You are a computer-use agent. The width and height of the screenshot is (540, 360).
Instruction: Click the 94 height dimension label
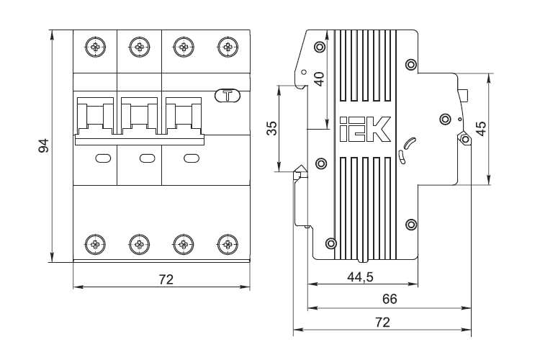click(x=44, y=145)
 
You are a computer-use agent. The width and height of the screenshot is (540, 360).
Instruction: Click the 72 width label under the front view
click(x=166, y=279)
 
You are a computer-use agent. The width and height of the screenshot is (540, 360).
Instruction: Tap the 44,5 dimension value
click(x=360, y=277)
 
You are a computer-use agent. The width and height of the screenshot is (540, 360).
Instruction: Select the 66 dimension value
click(x=390, y=299)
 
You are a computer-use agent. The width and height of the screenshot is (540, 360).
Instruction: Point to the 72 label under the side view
click(x=382, y=322)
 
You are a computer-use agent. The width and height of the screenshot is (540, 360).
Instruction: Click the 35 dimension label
click(x=272, y=128)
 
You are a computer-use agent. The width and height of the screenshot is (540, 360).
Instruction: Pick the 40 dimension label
click(x=319, y=79)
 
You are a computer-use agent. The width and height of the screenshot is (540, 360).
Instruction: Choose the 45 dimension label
click(x=481, y=128)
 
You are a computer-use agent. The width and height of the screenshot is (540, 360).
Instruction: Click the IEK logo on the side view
click(x=365, y=129)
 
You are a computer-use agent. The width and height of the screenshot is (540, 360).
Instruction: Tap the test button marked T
click(x=228, y=96)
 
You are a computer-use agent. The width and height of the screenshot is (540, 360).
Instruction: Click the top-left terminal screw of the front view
click(x=95, y=47)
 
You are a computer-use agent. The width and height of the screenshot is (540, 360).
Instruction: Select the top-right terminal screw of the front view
click(x=228, y=47)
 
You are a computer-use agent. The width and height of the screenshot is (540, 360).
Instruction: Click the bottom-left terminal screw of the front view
click(x=95, y=244)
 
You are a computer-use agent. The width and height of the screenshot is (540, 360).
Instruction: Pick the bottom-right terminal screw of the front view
click(x=228, y=244)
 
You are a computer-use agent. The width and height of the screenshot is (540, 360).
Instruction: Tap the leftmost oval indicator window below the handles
click(x=103, y=158)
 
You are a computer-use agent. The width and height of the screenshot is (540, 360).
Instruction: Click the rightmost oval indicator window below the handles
click(x=192, y=158)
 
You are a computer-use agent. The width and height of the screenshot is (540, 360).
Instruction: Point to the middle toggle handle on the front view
click(x=139, y=116)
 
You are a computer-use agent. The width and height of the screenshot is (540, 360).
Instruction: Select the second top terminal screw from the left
click(x=139, y=47)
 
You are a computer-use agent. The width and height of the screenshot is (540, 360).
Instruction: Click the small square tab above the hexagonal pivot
click(x=463, y=96)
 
